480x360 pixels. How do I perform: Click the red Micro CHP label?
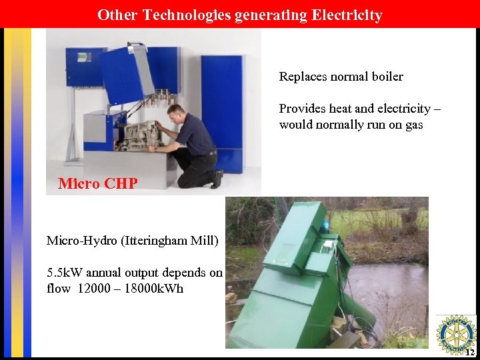click(97, 183)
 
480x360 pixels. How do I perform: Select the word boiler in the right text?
click(385, 77)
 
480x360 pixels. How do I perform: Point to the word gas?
click(414, 125)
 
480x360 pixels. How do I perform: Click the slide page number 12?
click(469, 352)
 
